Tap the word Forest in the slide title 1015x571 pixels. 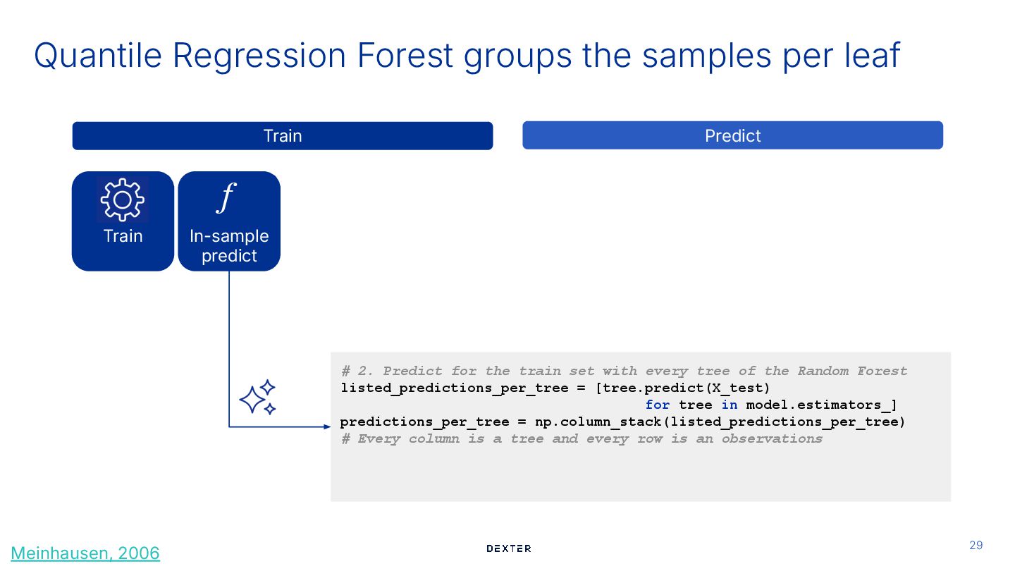click(405, 55)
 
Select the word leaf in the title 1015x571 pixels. click(872, 55)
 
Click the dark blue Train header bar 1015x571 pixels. click(282, 135)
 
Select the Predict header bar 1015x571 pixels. click(733, 135)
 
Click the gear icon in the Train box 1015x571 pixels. click(123, 199)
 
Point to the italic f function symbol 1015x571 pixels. click(226, 197)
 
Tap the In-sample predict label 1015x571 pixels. click(229, 245)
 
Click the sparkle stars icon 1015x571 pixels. click(257, 398)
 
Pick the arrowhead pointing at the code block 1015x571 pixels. click(327, 426)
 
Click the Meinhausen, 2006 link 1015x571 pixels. click(85, 553)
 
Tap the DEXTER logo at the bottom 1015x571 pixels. click(508, 548)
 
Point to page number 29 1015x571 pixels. click(976, 545)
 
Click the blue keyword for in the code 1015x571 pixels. click(658, 405)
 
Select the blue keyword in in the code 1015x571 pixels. click(730, 405)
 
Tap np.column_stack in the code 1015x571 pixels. click(598, 422)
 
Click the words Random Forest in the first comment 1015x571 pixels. click(852, 371)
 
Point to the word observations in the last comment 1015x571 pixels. click(772, 438)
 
